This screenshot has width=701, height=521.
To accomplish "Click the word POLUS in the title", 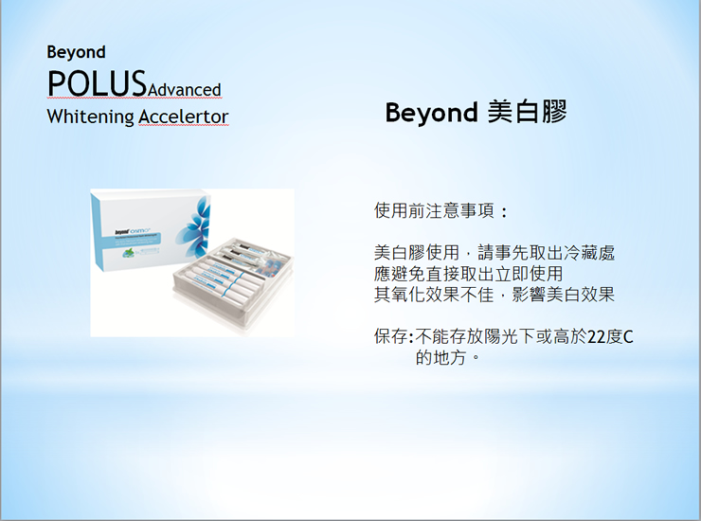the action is click(97, 83).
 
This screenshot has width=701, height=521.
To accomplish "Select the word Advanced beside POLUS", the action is click(184, 90).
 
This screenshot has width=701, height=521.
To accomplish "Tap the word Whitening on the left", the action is click(90, 117).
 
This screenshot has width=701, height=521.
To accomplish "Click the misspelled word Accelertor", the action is click(183, 117).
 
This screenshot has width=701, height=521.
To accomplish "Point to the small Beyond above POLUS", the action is click(76, 52).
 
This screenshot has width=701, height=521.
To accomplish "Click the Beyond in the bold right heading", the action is click(431, 113).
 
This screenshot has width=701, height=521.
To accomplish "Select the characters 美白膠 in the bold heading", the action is click(528, 112).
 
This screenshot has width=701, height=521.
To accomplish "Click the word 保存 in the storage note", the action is click(391, 336).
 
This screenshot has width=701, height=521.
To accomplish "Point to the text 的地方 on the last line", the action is click(440, 357).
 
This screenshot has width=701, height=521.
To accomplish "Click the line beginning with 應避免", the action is click(468, 274).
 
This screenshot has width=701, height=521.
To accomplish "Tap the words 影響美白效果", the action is click(564, 295).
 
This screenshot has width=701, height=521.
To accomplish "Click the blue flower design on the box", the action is click(193, 226).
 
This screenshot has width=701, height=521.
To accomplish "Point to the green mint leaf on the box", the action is click(129, 254).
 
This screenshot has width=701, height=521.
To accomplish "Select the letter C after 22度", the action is click(628, 337).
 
